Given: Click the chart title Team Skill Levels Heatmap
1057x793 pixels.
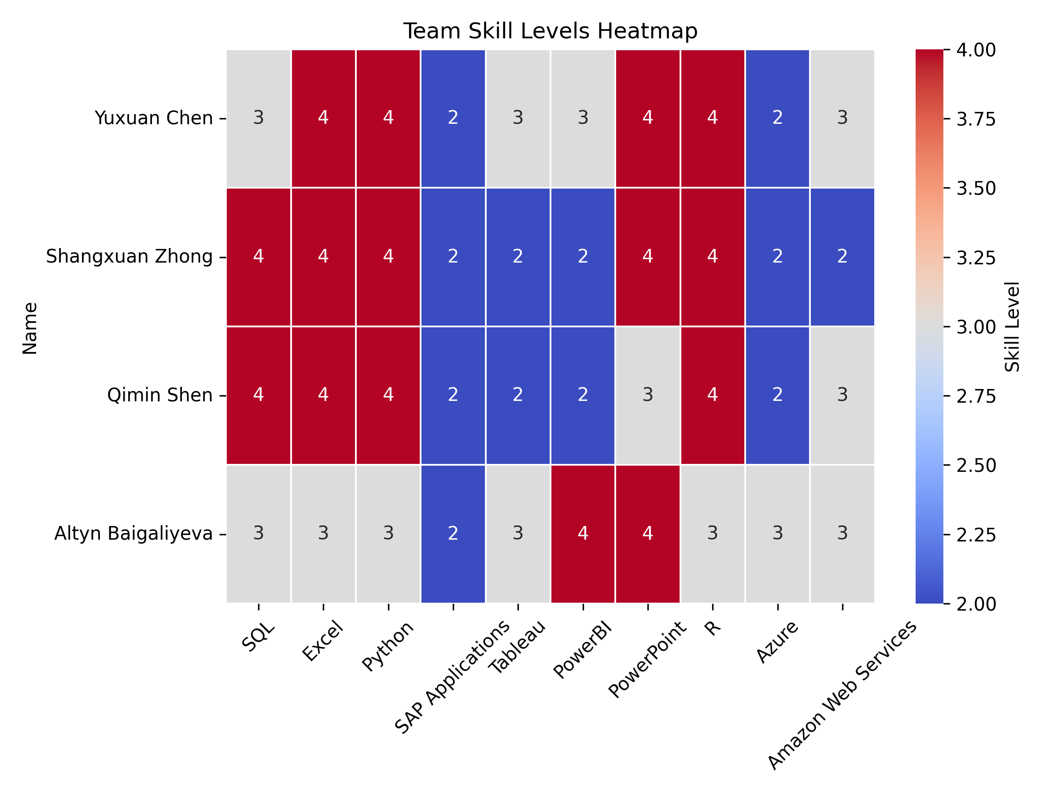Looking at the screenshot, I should (550, 32).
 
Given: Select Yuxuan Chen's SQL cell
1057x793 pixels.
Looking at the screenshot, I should (259, 118).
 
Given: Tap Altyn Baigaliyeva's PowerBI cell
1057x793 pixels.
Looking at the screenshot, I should (583, 534).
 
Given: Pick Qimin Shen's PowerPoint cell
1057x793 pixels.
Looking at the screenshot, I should (647, 395).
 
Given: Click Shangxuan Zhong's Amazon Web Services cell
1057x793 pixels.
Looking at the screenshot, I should (842, 257).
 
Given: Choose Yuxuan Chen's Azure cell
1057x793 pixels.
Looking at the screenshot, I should (777, 118).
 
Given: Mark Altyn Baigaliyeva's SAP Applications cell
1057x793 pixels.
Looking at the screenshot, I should (453, 534).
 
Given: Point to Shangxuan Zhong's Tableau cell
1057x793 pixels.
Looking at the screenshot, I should (518, 257).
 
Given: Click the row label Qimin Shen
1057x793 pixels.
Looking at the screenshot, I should (159, 395).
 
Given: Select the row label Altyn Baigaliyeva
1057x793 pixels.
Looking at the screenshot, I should (133, 534).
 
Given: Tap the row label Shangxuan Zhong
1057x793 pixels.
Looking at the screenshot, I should (129, 257).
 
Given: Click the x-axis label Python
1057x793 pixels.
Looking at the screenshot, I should (388, 646).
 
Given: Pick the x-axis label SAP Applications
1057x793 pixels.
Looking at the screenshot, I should (452, 677).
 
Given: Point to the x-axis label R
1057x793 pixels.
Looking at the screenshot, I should (712, 628).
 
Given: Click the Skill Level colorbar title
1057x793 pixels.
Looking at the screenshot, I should (1013, 326).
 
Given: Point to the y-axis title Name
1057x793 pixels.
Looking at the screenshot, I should (30, 328).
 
